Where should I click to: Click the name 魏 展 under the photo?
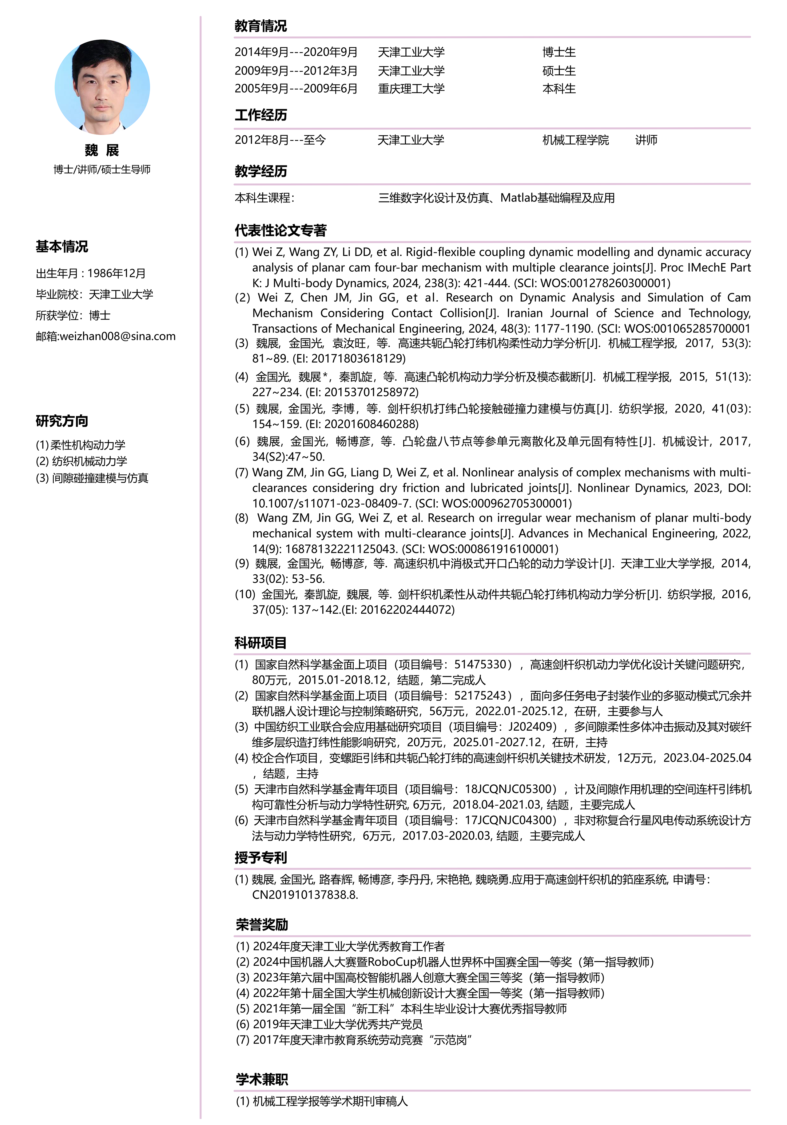102,150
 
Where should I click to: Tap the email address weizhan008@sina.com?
117,336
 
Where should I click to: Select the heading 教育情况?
260,26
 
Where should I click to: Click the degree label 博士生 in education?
559,52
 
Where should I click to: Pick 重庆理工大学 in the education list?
411,89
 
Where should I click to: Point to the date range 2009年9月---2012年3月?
296,70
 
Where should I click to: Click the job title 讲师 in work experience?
646,140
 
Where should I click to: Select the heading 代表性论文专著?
280,230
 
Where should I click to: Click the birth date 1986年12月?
117,273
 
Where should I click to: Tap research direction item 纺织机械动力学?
89,461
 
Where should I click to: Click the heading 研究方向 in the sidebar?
62,421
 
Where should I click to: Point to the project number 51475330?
479,664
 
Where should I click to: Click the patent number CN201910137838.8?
304,895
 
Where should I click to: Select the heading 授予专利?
260,857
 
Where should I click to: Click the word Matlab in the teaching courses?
518,198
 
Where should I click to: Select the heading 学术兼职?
261,1079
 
